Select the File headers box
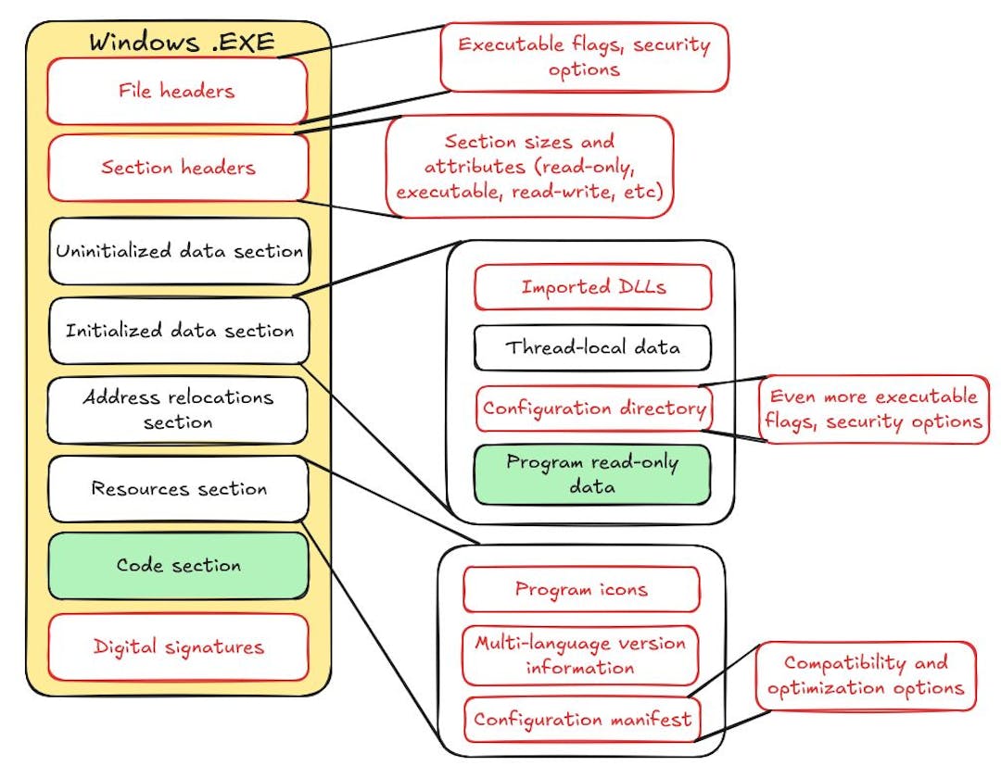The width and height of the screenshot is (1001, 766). click(176, 91)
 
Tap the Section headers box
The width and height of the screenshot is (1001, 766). click(177, 168)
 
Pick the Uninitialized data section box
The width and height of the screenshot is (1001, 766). click(178, 251)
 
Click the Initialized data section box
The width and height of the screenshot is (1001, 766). click(178, 331)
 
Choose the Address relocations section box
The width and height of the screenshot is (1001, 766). click(177, 409)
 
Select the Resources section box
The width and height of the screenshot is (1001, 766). click(178, 488)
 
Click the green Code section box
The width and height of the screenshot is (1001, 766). click(178, 565)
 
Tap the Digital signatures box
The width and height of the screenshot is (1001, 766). click(178, 647)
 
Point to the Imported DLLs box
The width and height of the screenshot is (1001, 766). click(592, 287)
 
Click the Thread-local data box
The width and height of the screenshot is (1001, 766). click(592, 347)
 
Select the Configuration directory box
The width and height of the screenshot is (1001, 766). click(593, 408)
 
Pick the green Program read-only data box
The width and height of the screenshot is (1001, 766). click(592, 474)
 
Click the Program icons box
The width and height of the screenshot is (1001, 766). click(580, 589)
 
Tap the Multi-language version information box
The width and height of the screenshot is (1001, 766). click(580, 654)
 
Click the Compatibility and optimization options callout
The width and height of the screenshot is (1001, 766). click(866, 675)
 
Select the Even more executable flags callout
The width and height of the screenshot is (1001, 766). click(874, 408)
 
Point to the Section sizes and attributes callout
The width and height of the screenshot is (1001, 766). click(529, 167)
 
